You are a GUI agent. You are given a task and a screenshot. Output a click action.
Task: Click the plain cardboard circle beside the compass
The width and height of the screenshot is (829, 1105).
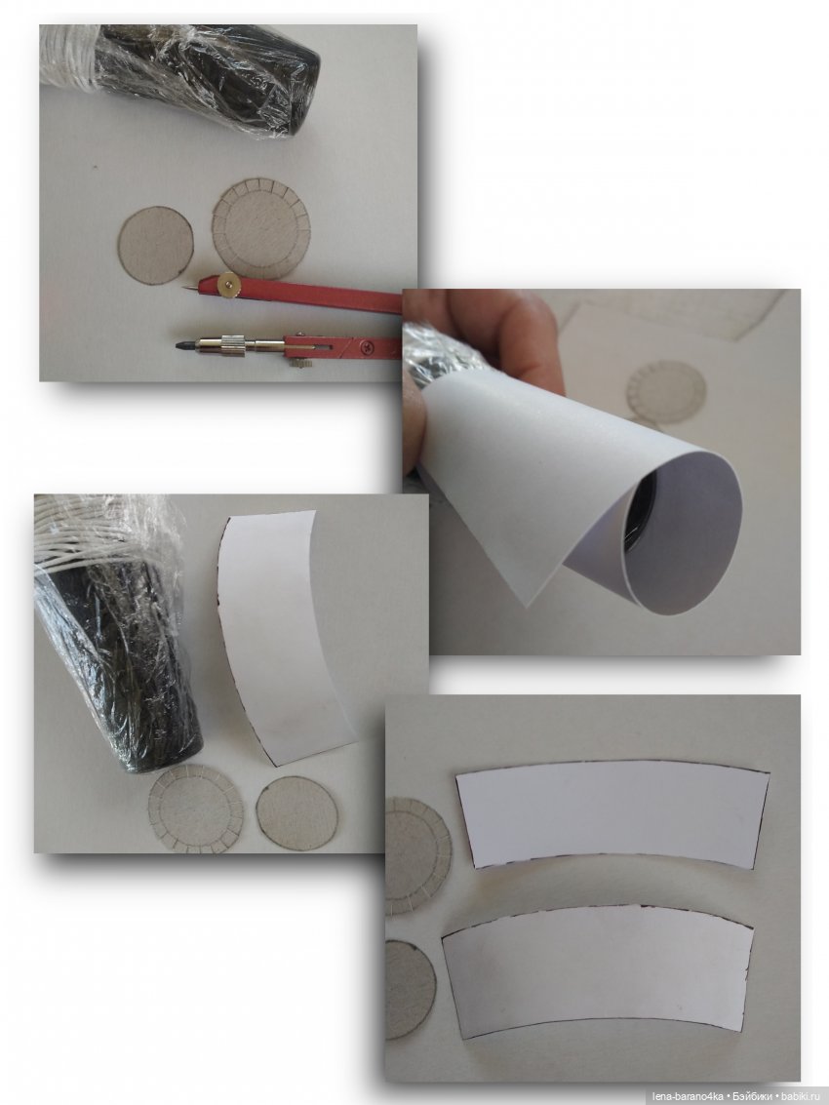[155, 245]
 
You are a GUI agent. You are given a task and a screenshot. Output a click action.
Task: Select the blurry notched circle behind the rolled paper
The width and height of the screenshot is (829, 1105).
[665, 393]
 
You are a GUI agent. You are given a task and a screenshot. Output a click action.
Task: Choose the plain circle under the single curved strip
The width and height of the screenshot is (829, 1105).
[296, 812]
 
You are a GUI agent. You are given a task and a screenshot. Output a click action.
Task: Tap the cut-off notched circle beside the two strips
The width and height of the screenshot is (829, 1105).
[417, 855]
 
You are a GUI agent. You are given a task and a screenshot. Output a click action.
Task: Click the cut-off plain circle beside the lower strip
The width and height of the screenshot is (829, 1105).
[410, 989]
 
